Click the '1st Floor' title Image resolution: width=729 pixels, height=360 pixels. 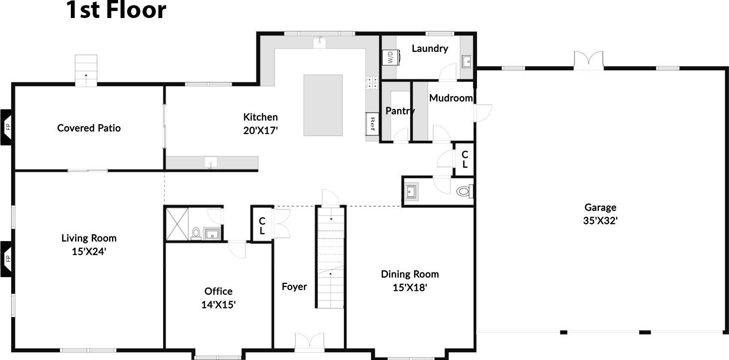(x=116, y=10)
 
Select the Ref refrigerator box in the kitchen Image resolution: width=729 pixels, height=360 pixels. (x=372, y=124)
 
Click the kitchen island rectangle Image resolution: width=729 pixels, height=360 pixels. (x=323, y=105)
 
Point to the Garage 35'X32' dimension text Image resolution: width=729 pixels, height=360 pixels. (x=600, y=221)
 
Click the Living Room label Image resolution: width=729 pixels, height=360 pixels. (x=89, y=238)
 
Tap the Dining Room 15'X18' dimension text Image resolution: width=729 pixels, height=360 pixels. (x=410, y=287)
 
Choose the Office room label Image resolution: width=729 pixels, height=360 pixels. (x=218, y=291)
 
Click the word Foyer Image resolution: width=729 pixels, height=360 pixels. (x=294, y=287)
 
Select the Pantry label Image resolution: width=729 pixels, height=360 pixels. (x=400, y=111)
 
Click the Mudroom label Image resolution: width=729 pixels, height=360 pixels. (x=451, y=98)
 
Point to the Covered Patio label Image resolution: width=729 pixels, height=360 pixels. (x=89, y=128)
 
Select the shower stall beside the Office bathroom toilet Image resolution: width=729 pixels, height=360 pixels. (x=177, y=224)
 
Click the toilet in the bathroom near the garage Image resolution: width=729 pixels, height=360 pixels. (x=463, y=191)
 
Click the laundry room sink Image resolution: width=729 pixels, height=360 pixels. (x=467, y=62)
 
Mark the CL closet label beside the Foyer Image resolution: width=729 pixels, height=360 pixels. (x=262, y=226)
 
